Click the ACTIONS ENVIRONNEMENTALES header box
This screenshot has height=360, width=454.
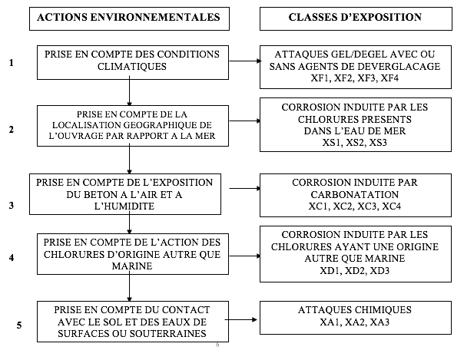(129, 19)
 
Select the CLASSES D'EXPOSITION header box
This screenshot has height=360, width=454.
(356, 19)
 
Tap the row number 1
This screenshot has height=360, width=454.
(12, 62)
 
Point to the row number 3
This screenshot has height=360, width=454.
(12, 206)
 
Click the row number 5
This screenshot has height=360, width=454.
(19, 325)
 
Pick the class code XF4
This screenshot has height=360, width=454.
(389, 78)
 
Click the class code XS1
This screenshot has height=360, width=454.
(331, 143)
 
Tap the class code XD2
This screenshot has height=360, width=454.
(355, 271)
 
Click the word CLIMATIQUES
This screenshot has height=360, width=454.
(132, 67)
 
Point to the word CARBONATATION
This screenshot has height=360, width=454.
(355, 194)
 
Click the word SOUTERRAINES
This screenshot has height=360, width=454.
(168, 334)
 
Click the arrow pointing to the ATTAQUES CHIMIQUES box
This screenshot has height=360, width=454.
(241, 319)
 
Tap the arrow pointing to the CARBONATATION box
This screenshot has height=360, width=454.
(245, 188)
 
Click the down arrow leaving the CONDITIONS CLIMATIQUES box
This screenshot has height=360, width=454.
(129, 91)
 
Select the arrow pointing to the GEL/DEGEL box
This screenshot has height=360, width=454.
(245, 61)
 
